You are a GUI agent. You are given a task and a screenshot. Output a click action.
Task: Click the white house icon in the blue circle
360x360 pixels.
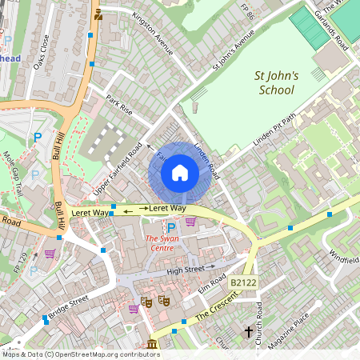(x=180, y=173)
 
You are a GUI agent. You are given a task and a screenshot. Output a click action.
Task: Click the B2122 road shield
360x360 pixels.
(x=243, y=283)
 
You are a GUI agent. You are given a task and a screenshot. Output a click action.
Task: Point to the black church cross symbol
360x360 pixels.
(x=248, y=330)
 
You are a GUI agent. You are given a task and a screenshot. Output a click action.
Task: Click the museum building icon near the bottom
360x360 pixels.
(x=152, y=345)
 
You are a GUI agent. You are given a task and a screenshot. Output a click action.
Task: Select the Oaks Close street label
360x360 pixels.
(x=42, y=51)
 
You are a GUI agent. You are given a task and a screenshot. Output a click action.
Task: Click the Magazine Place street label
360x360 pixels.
(x=290, y=330)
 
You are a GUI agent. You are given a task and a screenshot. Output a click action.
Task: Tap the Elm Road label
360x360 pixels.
(x=214, y=282)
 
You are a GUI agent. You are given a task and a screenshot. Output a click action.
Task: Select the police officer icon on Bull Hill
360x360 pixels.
(x=98, y=14)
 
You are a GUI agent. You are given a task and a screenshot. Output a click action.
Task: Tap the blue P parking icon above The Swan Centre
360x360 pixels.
(x=170, y=227)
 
